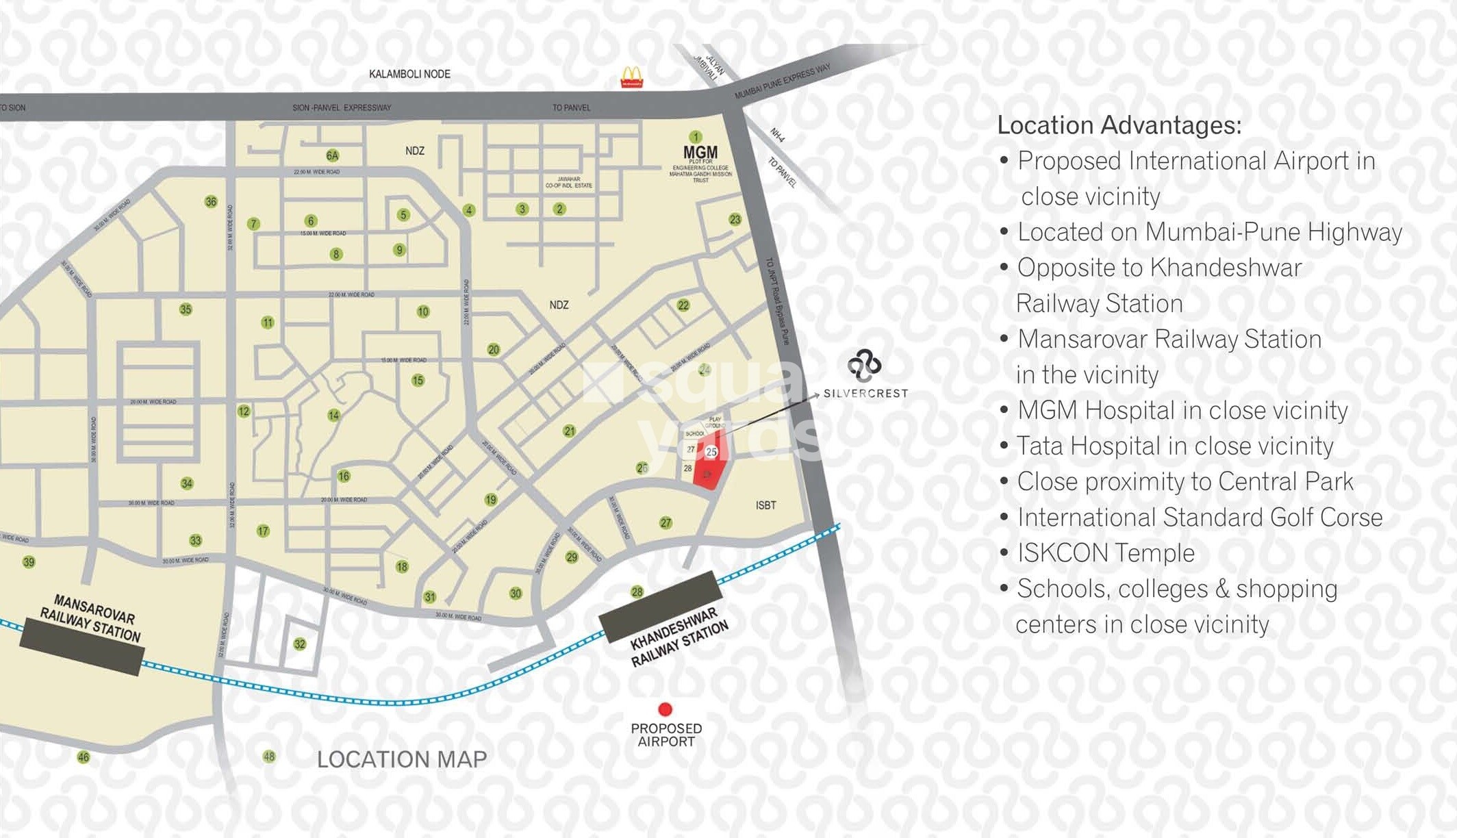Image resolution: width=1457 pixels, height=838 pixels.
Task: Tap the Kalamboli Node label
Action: (409, 74)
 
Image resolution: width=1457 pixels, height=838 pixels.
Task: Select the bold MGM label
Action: (700, 152)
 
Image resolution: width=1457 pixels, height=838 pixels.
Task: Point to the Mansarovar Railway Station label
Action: (90, 618)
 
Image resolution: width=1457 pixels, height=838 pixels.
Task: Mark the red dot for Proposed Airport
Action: (665, 709)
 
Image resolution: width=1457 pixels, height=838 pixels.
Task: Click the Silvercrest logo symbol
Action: (864, 365)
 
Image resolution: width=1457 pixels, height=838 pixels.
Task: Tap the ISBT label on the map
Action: (765, 505)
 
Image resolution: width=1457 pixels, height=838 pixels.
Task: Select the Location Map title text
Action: (402, 759)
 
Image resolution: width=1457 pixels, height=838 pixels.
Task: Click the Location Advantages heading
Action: (1119, 125)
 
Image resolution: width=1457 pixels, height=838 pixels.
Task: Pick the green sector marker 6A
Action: (333, 155)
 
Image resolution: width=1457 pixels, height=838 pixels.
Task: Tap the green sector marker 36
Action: (211, 201)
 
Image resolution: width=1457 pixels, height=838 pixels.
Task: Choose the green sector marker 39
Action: (29, 562)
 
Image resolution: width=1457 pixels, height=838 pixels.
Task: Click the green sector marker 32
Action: (300, 644)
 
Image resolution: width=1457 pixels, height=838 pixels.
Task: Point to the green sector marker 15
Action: (418, 380)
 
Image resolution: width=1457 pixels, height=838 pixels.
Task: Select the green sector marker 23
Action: (735, 219)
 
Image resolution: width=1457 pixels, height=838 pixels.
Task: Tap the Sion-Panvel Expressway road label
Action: (342, 107)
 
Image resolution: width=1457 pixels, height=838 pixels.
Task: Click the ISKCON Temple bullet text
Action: (1105, 553)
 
